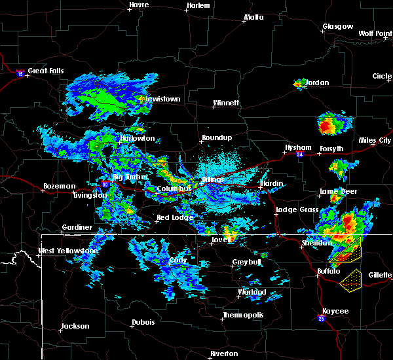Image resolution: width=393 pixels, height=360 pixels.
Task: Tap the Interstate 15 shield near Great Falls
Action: coord(20,75)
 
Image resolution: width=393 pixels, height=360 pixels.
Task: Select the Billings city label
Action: coord(213,179)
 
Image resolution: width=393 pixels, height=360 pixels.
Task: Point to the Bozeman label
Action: coord(59,186)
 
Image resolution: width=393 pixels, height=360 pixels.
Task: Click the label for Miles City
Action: coord(375,140)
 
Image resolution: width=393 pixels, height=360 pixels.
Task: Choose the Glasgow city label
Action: coord(337,27)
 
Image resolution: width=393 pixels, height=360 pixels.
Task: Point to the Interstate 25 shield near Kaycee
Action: coord(322,319)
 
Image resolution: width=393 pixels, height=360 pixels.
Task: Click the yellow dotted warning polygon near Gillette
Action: coord(354,280)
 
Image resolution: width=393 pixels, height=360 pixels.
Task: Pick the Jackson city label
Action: coord(75,326)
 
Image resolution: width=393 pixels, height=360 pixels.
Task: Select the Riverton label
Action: coord(225,353)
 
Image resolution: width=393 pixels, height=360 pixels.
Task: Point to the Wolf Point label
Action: coord(375,33)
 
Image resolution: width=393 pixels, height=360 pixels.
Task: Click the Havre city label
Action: coord(139,5)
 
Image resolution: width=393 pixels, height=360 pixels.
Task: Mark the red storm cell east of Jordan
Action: coord(327,124)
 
